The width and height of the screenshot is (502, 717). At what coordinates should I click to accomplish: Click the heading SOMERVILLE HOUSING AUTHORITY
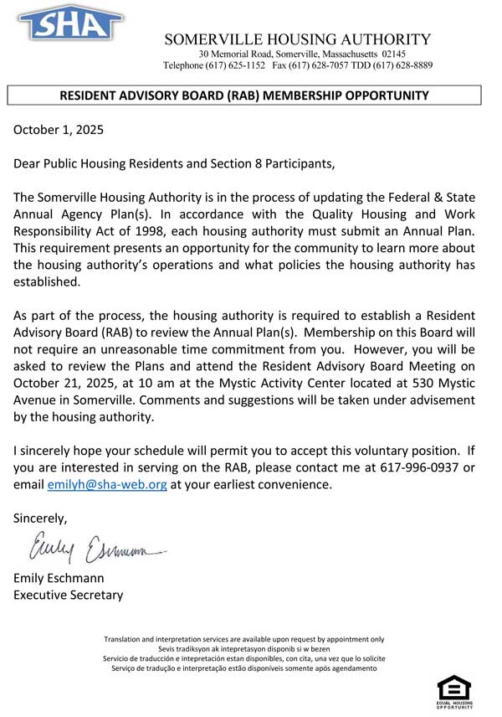tap(297, 39)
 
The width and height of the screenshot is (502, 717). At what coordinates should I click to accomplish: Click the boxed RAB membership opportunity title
tap(244, 95)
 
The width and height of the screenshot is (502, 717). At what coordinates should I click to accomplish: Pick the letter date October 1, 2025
tap(59, 130)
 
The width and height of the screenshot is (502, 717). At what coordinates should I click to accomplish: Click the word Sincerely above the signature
tap(40, 518)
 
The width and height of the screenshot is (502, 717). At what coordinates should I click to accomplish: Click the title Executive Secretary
tap(68, 595)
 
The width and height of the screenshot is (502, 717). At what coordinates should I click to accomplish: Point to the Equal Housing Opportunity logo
tap(454, 692)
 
